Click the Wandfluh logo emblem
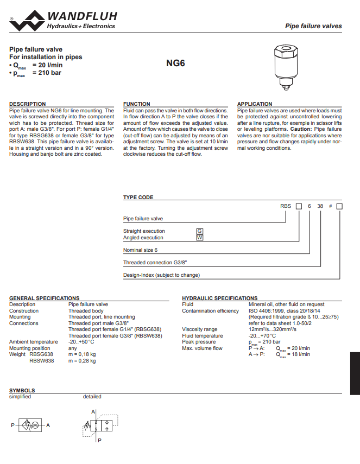27,21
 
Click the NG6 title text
175,63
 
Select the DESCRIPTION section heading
28,104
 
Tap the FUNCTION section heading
137,104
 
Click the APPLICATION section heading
255,104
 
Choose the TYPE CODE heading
138,198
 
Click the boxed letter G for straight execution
199,231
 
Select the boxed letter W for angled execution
199,238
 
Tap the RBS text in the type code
286,207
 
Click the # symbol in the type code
330,207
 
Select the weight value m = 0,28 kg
82,360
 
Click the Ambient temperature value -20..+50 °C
81,342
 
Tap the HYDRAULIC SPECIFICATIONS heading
220,298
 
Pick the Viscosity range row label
200,329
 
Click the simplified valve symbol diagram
30,425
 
